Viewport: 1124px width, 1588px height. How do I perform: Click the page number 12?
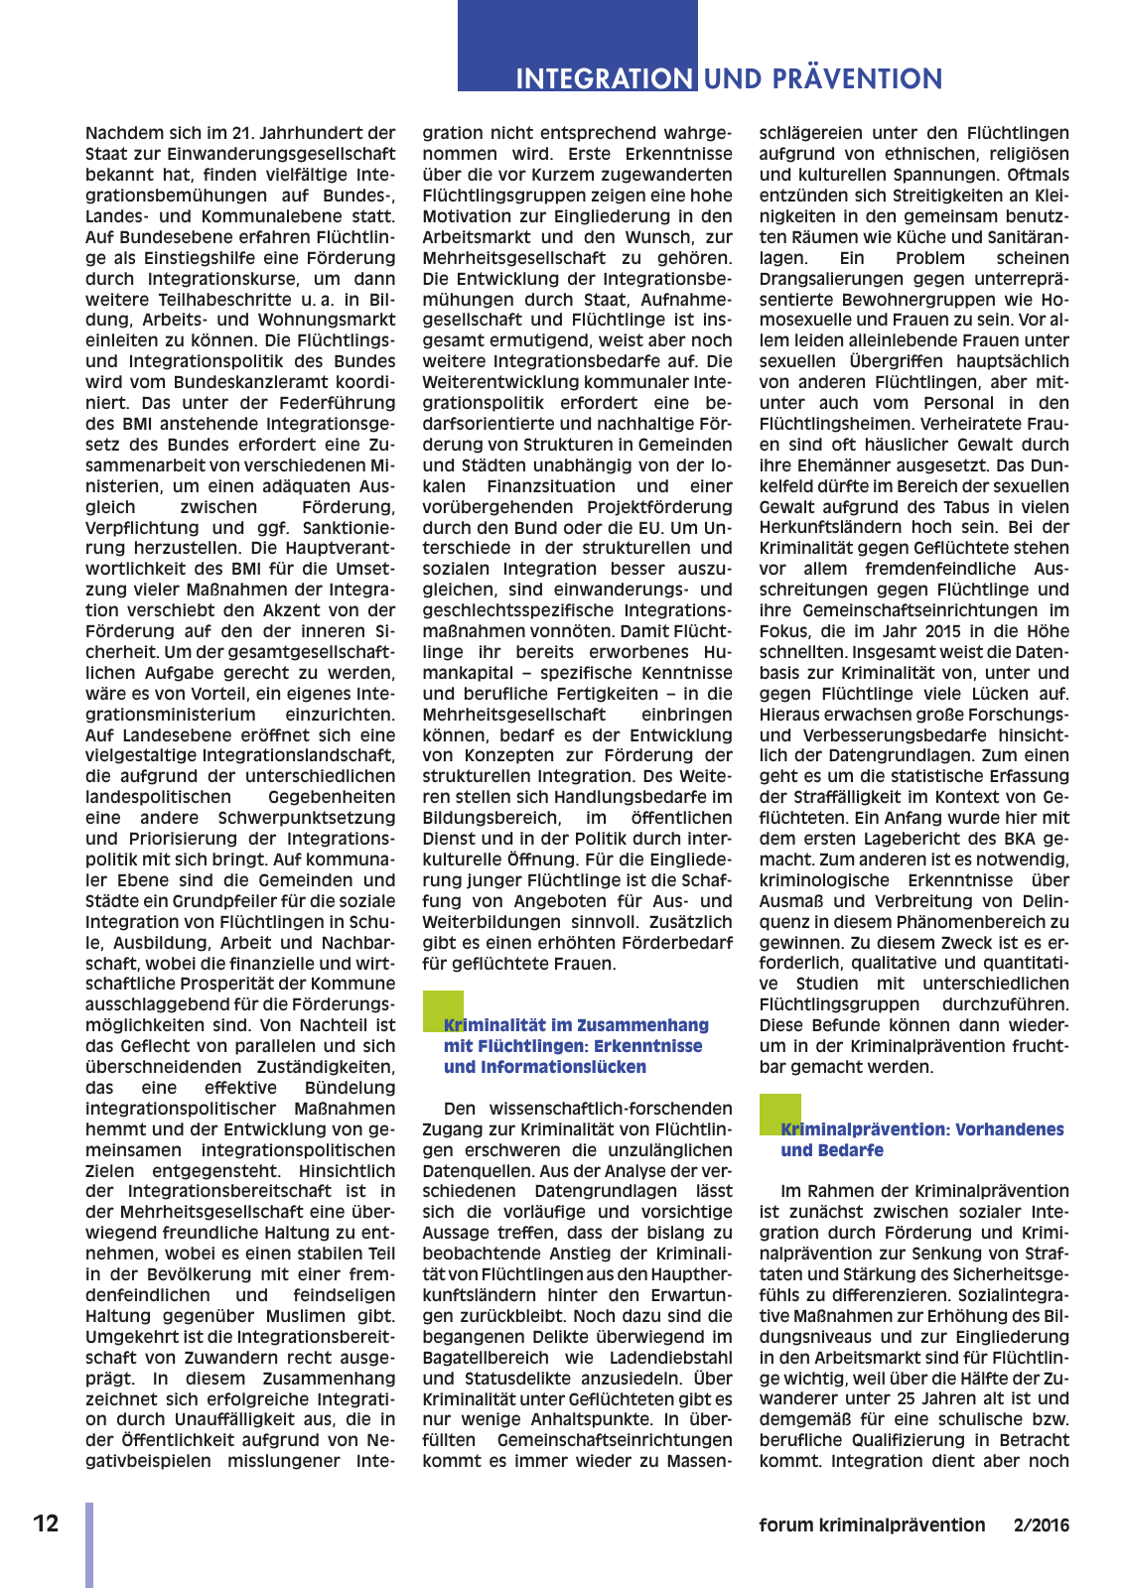point(46,1523)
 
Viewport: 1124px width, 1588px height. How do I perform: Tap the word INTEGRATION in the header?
point(604,79)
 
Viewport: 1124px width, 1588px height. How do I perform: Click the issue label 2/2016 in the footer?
point(1042,1525)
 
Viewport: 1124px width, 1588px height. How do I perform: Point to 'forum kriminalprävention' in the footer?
point(872,1525)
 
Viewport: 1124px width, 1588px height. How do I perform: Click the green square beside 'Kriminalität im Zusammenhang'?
point(443,1010)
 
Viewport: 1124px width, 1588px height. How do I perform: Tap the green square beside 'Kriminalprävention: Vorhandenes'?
point(779,1114)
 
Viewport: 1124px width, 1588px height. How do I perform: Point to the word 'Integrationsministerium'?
point(171,715)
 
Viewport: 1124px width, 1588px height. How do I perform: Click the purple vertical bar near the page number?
point(89,1543)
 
